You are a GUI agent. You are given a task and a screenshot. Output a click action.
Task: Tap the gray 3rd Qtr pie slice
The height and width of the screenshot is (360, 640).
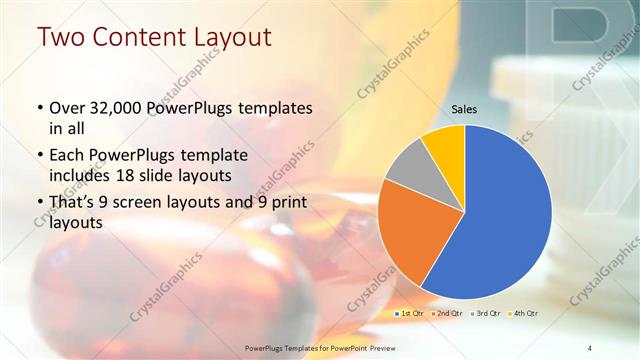click(x=408, y=165)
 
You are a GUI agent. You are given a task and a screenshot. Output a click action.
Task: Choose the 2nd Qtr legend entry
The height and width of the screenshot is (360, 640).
click(x=447, y=313)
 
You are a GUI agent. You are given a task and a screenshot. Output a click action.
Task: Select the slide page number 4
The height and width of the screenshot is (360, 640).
click(x=590, y=347)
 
